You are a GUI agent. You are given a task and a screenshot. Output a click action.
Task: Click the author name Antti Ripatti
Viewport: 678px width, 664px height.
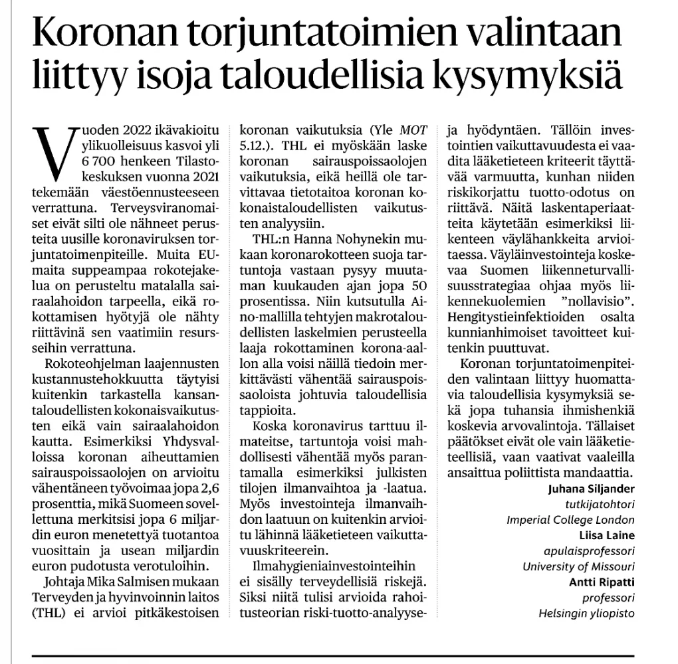(x=602, y=582)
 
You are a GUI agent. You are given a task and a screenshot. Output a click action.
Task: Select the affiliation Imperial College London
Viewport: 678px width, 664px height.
(x=570, y=520)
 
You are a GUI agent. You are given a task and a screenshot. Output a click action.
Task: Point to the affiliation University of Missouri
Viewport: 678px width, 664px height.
(x=578, y=566)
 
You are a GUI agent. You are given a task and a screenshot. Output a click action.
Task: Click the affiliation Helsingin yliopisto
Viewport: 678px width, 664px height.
(x=586, y=613)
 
